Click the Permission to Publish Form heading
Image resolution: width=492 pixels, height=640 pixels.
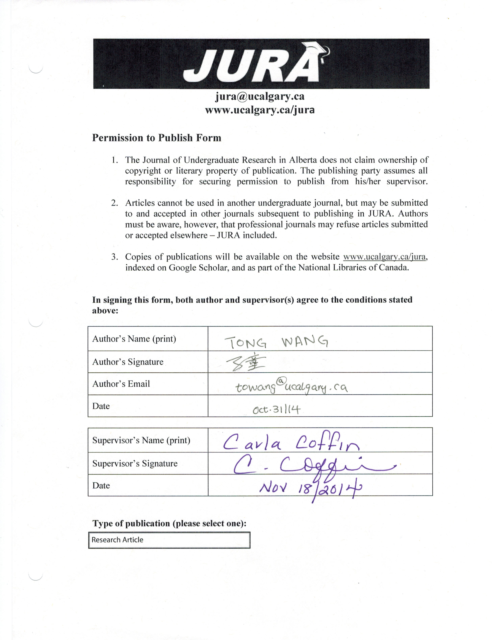pyautogui.click(x=157, y=138)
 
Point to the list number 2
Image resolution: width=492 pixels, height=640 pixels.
pyautogui.click(x=115, y=203)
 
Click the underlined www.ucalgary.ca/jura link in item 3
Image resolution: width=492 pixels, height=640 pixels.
pyautogui.click(x=384, y=257)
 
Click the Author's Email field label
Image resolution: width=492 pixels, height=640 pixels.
pyautogui.click(x=121, y=384)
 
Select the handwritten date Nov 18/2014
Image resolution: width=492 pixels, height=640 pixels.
pyautogui.click(x=310, y=488)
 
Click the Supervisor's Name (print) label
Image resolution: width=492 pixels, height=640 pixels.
pyautogui.click(x=141, y=440)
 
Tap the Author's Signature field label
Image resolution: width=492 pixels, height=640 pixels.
pyautogui.click(x=128, y=362)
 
